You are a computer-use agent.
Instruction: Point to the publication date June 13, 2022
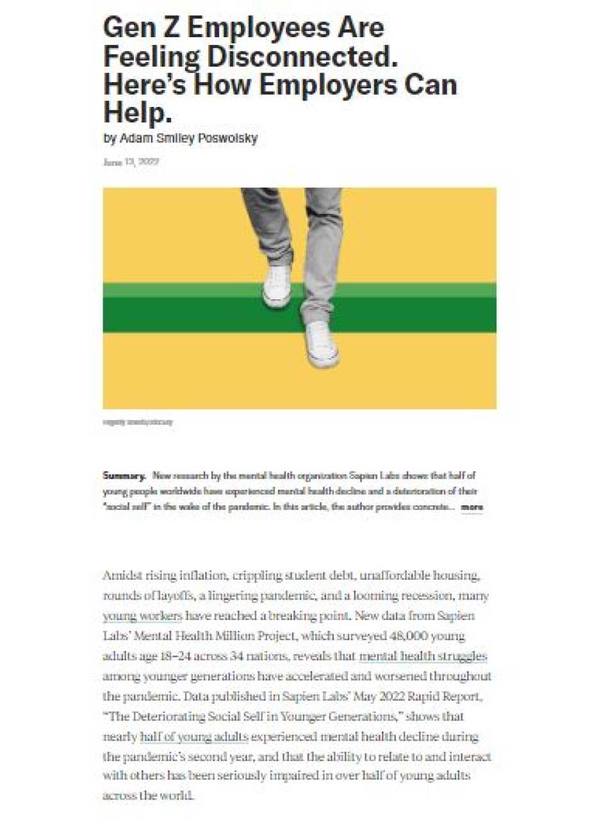coord(131,162)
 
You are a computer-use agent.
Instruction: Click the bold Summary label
coord(124,475)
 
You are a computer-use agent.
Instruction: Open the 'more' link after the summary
coord(472,507)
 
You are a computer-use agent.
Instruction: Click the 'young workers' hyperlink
coord(142,616)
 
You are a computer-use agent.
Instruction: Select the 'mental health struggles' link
coord(423,656)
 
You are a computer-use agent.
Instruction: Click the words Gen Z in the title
coord(140,28)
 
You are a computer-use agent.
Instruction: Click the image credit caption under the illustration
coord(138,422)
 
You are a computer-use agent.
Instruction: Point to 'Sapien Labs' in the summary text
coord(374,475)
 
